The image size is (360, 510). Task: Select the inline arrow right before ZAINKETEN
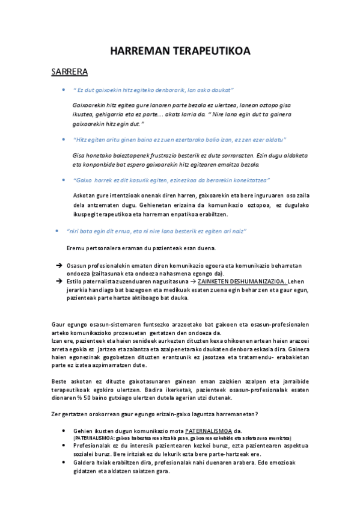tap(192, 281)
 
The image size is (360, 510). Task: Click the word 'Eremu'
tap(75, 248)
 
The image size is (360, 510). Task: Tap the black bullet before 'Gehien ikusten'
tap(64, 431)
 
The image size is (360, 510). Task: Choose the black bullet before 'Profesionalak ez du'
tap(64, 446)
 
